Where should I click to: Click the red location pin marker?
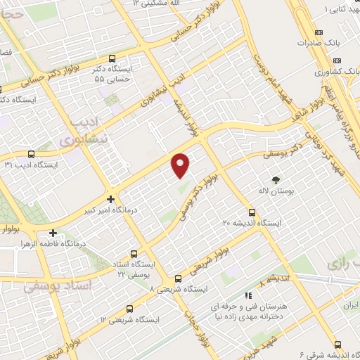click(181, 165)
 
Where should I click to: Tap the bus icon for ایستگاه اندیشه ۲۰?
click(252, 212)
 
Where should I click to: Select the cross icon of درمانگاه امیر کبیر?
click(110, 199)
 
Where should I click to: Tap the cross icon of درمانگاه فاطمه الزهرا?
click(53, 233)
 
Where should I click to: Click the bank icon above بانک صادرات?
click(319, 32)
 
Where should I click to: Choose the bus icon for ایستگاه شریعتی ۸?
click(178, 278)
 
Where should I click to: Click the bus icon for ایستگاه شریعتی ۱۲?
click(129, 308)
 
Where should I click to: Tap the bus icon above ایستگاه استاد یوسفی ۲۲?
click(134, 255)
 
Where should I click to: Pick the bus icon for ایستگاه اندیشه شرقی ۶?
click(337, 345)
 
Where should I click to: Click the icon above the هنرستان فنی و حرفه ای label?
click(247, 296)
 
